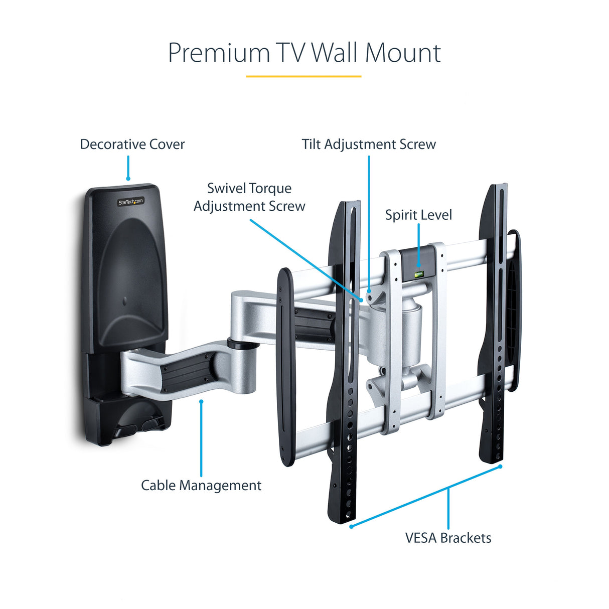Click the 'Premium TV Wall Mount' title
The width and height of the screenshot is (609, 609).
pos(304,53)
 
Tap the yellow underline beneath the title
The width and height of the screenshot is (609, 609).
pos(303,76)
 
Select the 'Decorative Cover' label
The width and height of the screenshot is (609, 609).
pos(132,144)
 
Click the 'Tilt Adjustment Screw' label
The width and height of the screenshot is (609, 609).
pos(369,144)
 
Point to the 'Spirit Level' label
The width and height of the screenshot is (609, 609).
pos(418,215)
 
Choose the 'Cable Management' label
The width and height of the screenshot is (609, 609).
pos(201,486)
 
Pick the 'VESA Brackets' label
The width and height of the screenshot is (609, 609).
pos(448,538)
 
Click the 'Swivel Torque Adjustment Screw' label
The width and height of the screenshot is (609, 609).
pos(249,197)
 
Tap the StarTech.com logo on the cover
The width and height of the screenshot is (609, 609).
pos(131,202)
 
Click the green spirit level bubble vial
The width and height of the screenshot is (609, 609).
pos(418,274)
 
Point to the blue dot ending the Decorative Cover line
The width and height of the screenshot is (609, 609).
pos(128,178)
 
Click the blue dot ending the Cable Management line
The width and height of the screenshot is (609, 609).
pos(201,401)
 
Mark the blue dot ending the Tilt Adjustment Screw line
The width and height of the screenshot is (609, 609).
pos(369,290)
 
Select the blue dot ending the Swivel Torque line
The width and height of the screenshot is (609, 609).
pos(361,299)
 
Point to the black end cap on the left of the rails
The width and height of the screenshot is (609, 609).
pos(286,366)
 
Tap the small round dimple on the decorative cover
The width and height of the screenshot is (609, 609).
pos(125,301)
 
